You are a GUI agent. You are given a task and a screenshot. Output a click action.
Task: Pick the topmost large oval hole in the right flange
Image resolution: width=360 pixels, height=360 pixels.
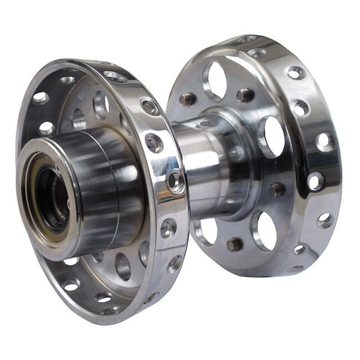215,80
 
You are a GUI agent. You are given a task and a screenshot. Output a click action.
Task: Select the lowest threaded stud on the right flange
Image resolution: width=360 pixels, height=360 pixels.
235,245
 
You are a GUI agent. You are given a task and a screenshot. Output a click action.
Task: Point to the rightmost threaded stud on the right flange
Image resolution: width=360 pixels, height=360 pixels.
276,190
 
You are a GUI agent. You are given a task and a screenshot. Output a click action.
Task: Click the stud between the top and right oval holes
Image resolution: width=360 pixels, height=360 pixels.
245,95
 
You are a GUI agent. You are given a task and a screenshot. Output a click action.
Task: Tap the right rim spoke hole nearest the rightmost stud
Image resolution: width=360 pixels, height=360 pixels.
316,181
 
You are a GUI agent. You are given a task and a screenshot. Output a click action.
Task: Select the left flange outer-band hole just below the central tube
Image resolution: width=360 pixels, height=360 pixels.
168,228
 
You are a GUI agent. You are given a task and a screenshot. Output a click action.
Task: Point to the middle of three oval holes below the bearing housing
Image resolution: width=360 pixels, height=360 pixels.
123,265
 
